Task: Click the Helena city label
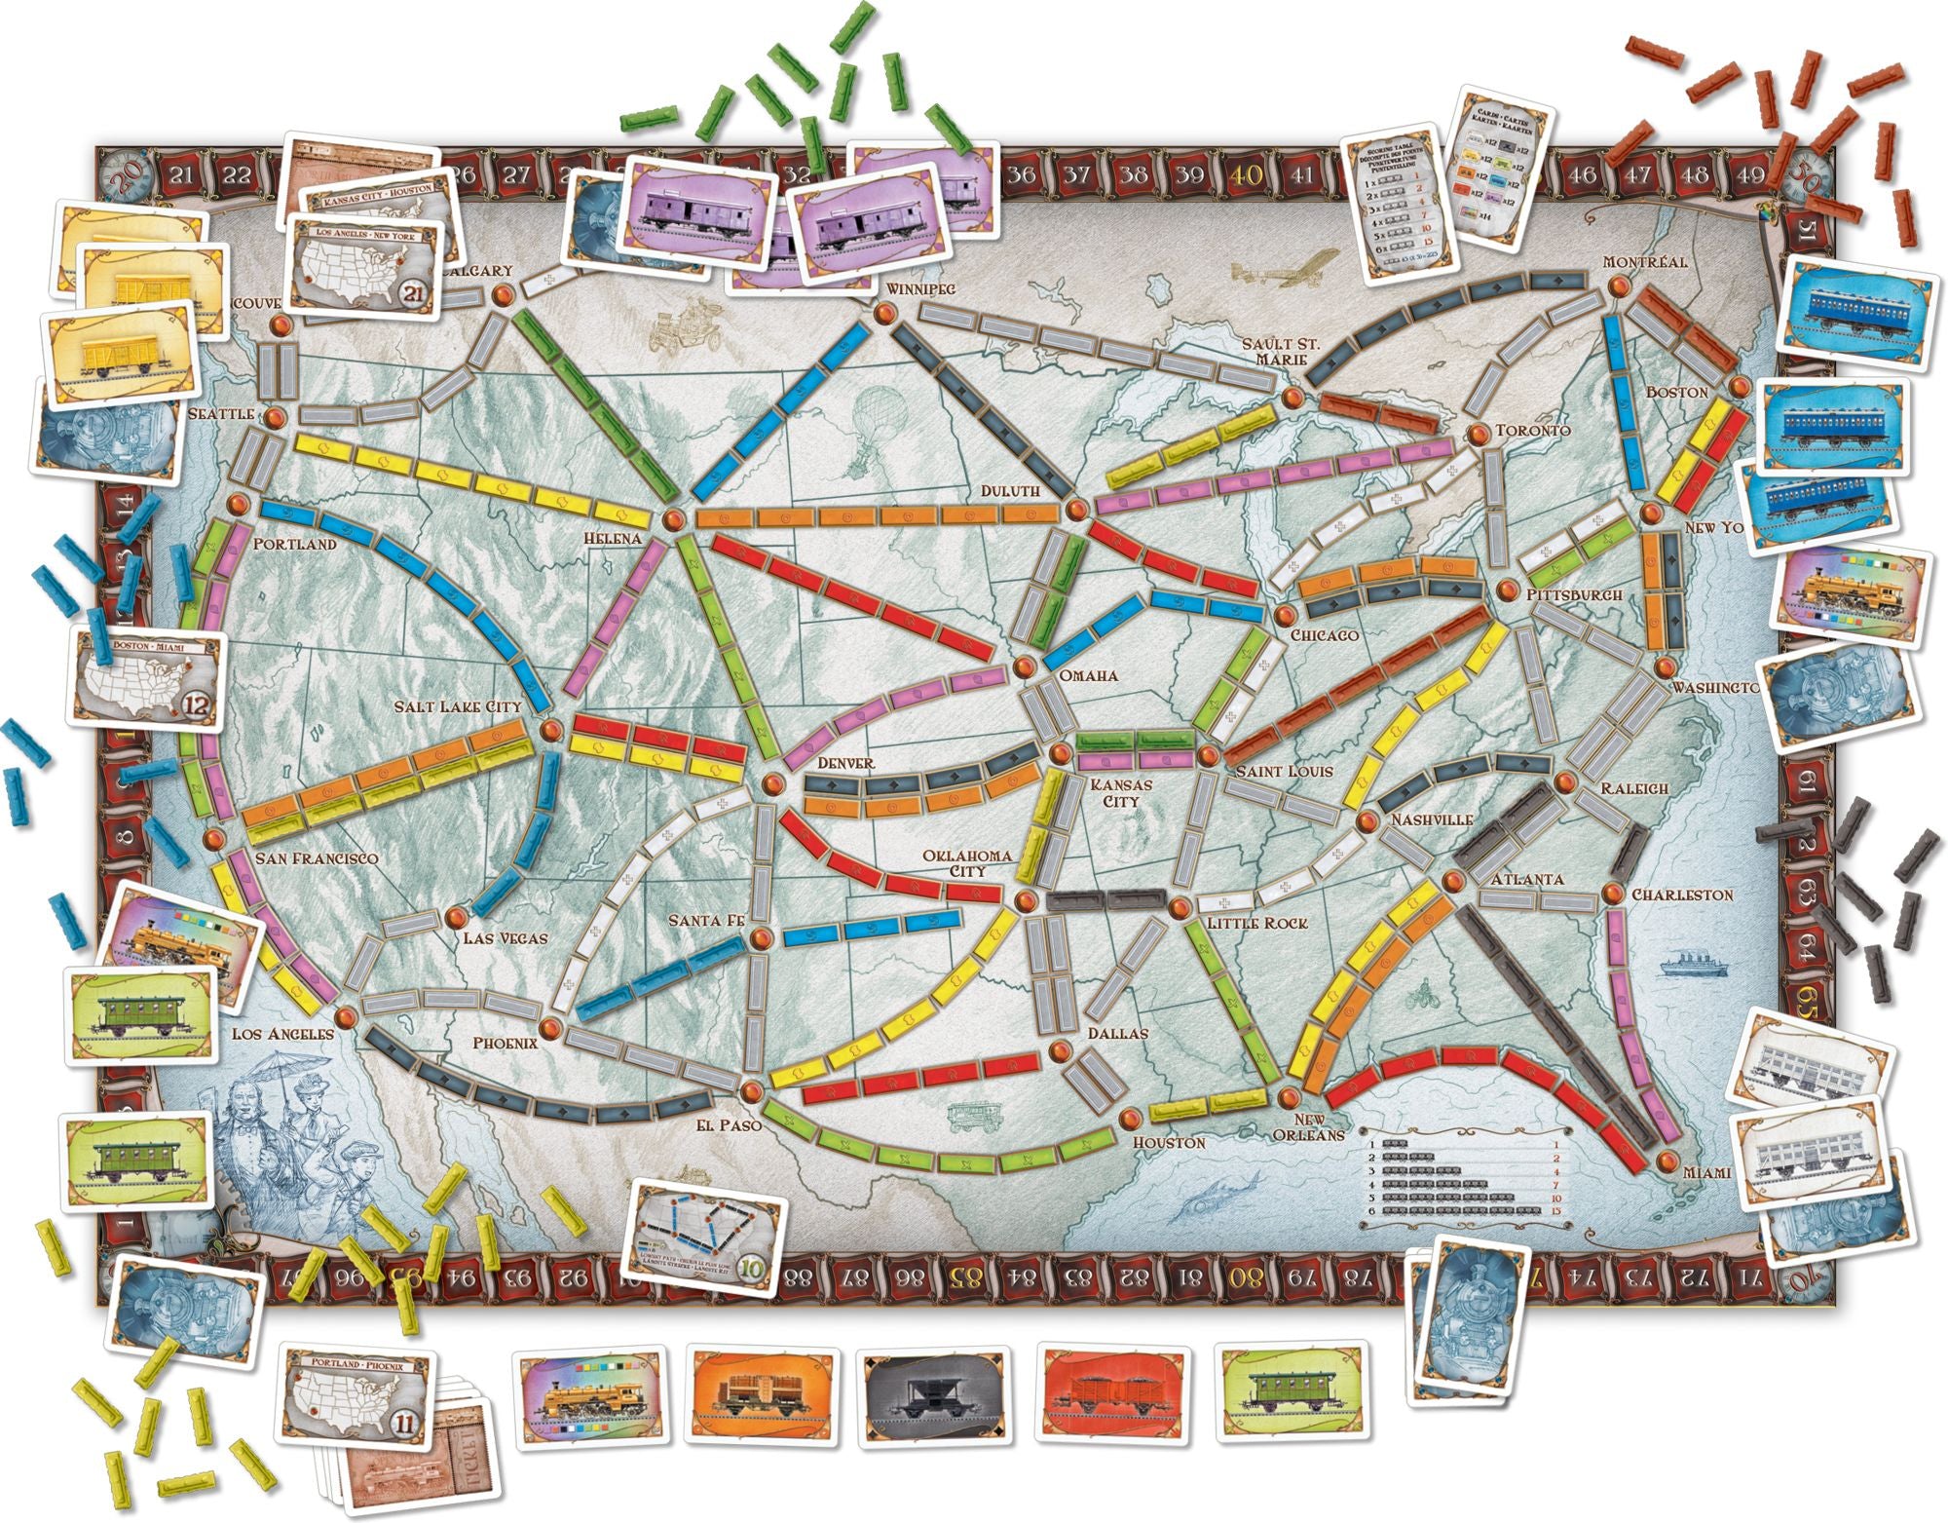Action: click(x=613, y=538)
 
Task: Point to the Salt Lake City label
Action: click(x=457, y=705)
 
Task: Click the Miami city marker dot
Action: click(x=1667, y=1160)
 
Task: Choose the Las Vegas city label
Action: click(x=505, y=938)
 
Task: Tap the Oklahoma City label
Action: click(x=968, y=862)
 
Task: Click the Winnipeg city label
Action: click(x=921, y=288)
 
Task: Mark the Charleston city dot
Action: click(x=1612, y=894)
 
